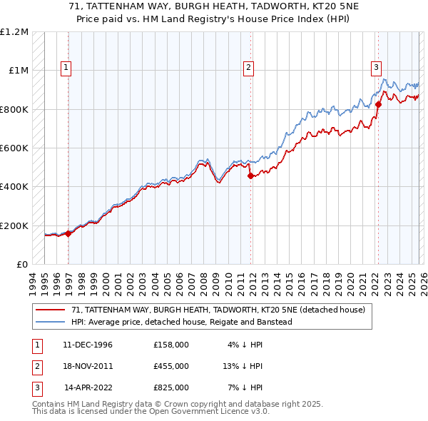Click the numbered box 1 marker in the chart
[x=65, y=68]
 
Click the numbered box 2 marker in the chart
[x=248, y=68]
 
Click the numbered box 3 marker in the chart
[x=375, y=68]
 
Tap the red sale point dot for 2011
[x=250, y=176]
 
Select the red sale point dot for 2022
[x=378, y=104]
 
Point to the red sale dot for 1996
[x=68, y=233]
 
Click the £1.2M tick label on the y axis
[x=14, y=32]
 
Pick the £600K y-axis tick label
[x=14, y=148]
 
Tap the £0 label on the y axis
[x=21, y=264]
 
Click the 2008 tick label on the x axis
[x=204, y=282]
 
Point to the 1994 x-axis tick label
[x=32, y=282]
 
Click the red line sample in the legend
[x=50, y=310]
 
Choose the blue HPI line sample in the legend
[x=50, y=322]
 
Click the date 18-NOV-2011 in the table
[x=88, y=366]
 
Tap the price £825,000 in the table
[x=171, y=387]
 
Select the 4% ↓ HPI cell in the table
[x=243, y=345]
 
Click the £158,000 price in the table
[x=171, y=345]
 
